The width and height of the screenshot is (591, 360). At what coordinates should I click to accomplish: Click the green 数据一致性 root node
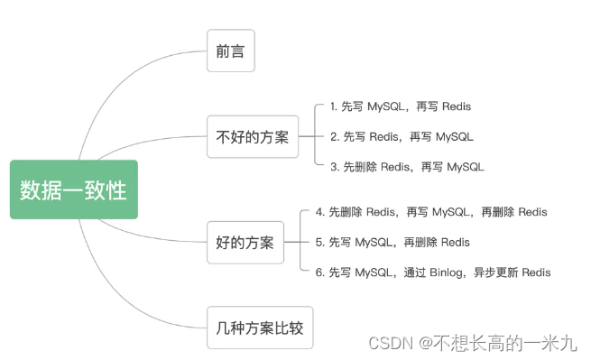tap(74, 189)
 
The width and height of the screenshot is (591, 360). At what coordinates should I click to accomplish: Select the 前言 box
tap(231, 51)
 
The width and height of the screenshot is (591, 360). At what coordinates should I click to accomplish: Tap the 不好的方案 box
tap(253, 136)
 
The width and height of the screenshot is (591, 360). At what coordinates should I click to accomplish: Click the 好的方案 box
tap(245, 243)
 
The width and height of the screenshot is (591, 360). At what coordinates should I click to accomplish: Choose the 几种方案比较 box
tap(260, 328)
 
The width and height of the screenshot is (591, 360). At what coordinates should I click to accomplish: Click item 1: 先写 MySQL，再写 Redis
tap(401, 106)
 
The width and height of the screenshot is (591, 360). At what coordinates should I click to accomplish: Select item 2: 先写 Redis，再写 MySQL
tap(402, 137)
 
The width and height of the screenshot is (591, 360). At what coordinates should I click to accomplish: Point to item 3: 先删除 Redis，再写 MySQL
tap(407, 167)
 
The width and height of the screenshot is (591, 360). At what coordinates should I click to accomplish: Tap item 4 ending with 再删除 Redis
tap(431, 212)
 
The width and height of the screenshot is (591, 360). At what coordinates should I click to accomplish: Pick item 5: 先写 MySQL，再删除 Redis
tap(392, 242)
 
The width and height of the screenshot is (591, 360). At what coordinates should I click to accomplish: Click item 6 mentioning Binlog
tap(433, 272)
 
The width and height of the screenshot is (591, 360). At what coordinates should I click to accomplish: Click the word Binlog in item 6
tap(447, 272)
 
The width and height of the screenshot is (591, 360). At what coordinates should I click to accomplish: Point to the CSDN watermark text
tap(473, 343)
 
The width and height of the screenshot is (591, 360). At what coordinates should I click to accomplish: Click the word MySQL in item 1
tap(386, 106)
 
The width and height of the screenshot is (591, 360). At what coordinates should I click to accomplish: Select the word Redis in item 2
tap(383, 137)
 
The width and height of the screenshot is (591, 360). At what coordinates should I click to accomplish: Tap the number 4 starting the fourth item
tap(319, 212)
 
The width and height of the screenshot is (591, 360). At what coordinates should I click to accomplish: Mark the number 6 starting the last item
tap(319, 272)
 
